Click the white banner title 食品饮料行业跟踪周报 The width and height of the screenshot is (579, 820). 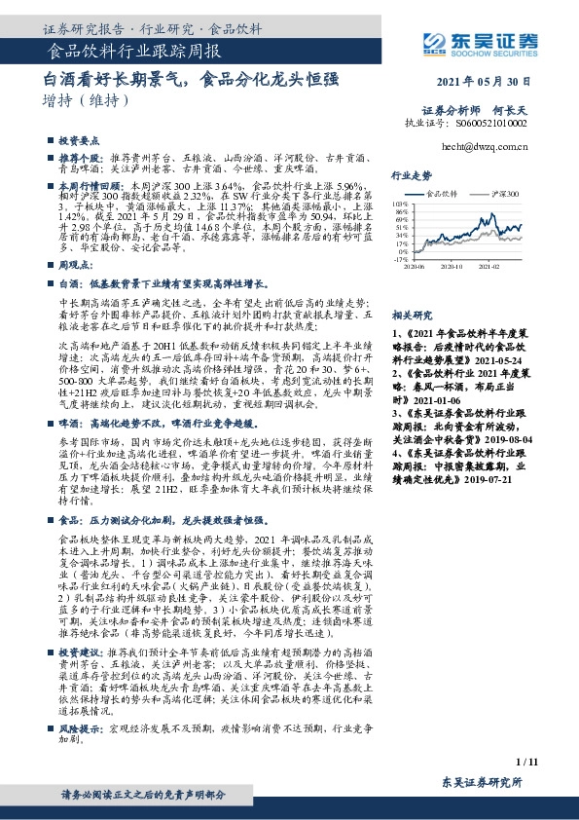(134, 50)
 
